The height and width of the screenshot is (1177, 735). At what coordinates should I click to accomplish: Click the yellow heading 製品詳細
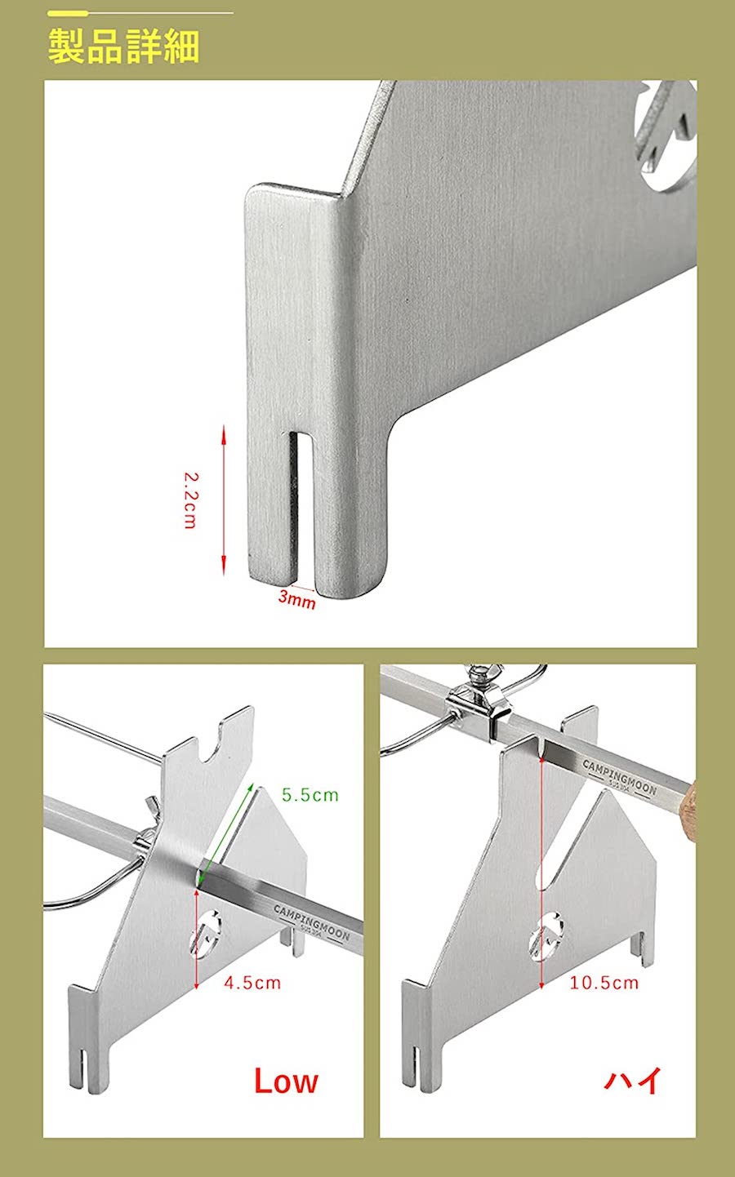(x=123, y=47)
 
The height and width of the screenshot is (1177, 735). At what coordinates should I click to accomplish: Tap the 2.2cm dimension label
(x=190, y=500)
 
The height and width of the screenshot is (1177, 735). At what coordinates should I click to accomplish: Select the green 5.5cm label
(x=310, y=795)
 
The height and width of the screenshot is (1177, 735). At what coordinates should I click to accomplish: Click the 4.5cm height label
(x=252, y=983)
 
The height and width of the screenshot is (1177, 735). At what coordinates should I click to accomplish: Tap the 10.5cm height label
(x=604, y=983)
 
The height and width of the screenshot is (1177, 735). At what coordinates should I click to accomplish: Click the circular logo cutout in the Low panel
(x=206, y=932)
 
